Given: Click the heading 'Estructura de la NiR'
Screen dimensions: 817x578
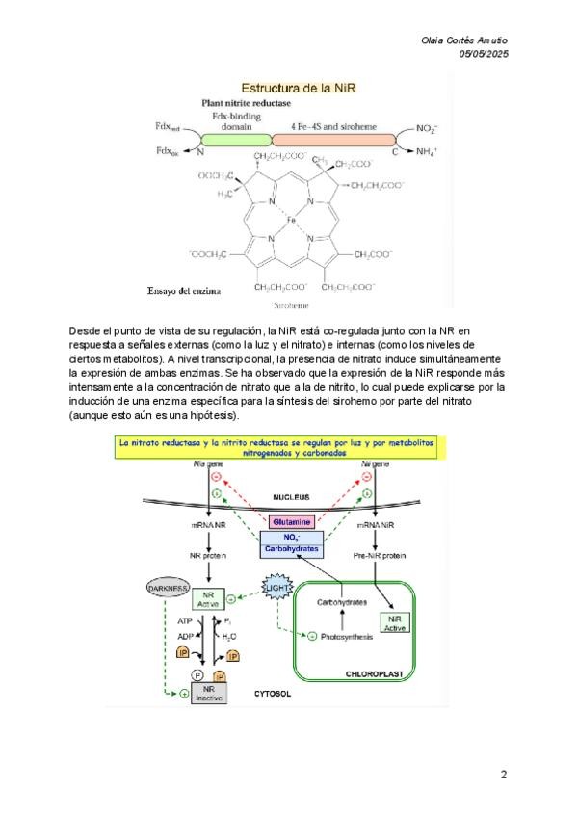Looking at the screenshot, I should (x=299, y=87).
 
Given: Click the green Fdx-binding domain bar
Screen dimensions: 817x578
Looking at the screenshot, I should (x=236, y=139).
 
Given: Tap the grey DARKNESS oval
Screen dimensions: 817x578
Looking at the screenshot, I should (x=166, y=586).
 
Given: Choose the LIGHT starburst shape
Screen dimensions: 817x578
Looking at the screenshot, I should (x=277, y=586).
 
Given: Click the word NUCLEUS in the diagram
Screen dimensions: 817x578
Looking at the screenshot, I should (x=289, y=496).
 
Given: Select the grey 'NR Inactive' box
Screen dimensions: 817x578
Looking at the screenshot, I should (x=208, y=694).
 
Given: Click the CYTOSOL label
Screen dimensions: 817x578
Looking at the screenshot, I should (x=275, y=692).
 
